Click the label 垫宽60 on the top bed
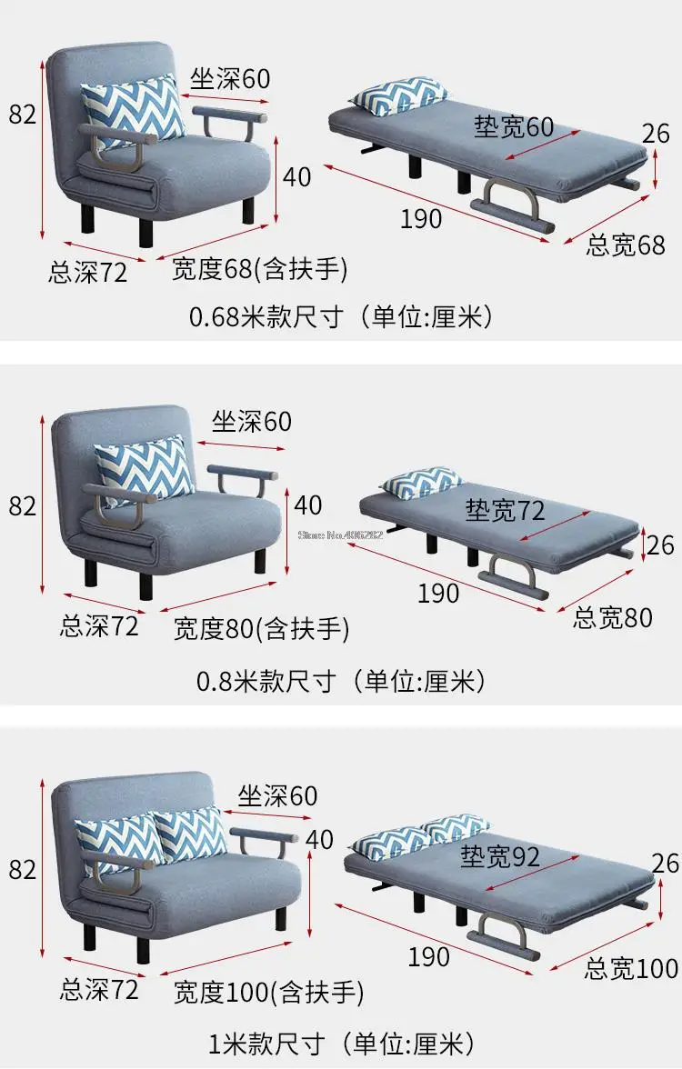513,126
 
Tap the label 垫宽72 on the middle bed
505,510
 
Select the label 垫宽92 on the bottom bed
499,855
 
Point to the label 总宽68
626,245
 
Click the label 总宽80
613,617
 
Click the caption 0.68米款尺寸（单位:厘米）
341,316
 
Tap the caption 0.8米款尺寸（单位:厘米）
341,680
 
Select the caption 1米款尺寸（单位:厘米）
341,1041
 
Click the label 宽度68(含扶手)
259,269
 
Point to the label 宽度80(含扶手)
261,628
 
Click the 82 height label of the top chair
23,114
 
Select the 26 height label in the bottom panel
666,862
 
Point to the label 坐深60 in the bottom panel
277,795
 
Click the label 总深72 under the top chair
88,271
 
